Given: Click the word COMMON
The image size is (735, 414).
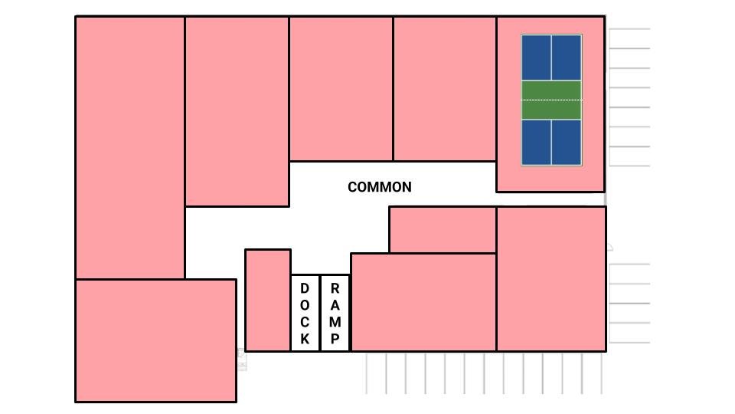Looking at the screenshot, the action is click(379, 187).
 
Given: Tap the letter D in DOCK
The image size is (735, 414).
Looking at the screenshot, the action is click(305, 288).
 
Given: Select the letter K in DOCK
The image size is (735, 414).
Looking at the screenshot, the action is click(305, 339).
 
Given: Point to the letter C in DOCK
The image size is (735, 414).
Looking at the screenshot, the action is click(305, 322).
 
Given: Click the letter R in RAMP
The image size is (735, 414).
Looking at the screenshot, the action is click(335, 288).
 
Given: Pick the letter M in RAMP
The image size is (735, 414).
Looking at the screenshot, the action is click(335, 322).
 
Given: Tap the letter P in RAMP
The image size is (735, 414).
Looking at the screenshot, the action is click(335, 339).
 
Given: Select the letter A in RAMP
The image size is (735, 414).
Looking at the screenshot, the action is click(335, 305).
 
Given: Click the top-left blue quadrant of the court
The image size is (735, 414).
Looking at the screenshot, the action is click(537, 58).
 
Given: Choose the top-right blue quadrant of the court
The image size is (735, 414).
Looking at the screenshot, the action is click(567, 58).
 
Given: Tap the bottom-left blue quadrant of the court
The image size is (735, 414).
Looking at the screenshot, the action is click(537, 142).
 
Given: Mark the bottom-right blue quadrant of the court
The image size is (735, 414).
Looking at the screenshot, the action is click(567, 142).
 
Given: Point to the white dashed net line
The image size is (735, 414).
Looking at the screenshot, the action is click(551, 100).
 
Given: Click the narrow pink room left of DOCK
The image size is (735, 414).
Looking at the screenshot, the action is click(267, 300).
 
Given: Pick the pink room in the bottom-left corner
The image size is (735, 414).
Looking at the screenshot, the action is click(155, 340).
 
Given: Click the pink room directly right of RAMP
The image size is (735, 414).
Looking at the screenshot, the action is click(423, 302).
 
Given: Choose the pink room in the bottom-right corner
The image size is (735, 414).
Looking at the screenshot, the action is click(551, 278).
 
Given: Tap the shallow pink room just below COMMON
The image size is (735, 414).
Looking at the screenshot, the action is click(443, 229).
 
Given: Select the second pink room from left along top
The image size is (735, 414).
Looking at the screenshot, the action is click(237, 111).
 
